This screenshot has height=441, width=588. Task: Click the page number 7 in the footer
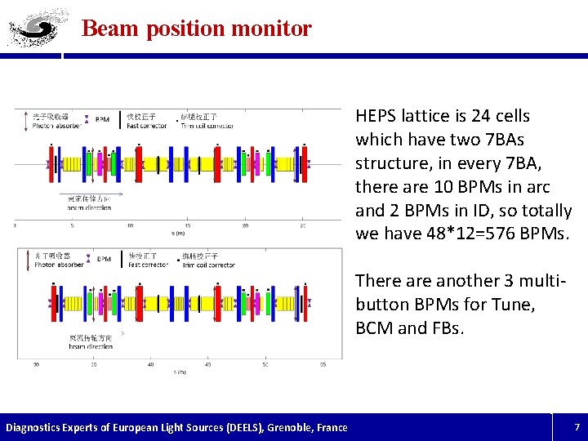click(x=577, y=427)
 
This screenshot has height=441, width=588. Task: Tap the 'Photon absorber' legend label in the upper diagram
click(x=56, y=126)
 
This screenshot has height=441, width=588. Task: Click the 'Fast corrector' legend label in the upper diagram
click(x=147, y=126)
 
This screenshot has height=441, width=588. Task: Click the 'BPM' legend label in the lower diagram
click(x=104, y=259)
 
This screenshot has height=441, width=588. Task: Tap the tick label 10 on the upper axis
click(x=130, y=225)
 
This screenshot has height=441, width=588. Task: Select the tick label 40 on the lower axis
click(x=150, y=364)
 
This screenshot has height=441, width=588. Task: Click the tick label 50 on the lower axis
click(x=265, y=364)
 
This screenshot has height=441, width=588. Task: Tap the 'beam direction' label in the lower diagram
click(x=90, y=346)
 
